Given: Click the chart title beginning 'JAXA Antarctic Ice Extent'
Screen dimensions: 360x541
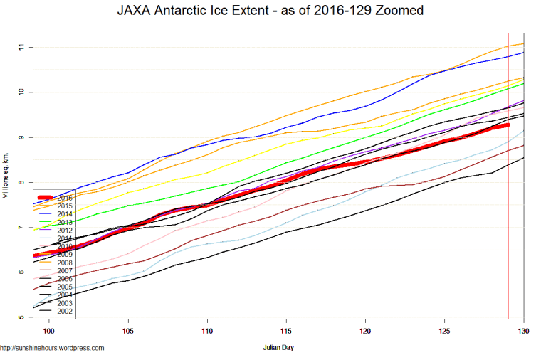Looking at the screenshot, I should pos(270,11).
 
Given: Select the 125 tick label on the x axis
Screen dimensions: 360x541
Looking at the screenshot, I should pos(445,332).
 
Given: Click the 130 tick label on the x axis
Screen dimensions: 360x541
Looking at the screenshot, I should pos(523,332).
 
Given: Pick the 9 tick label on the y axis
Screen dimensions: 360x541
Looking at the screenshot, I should pos(22,137).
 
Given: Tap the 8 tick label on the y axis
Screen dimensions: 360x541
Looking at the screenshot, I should pos(22,182).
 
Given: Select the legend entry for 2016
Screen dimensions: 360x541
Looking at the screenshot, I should pos(65,198).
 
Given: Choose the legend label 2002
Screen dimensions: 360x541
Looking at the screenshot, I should pos(65,310).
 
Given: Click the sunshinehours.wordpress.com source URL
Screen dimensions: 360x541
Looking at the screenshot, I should pos(53,348).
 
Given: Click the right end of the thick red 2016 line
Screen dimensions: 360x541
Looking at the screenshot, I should pos(508,125).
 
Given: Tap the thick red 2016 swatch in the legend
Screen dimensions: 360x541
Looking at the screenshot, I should pos(46,198).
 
